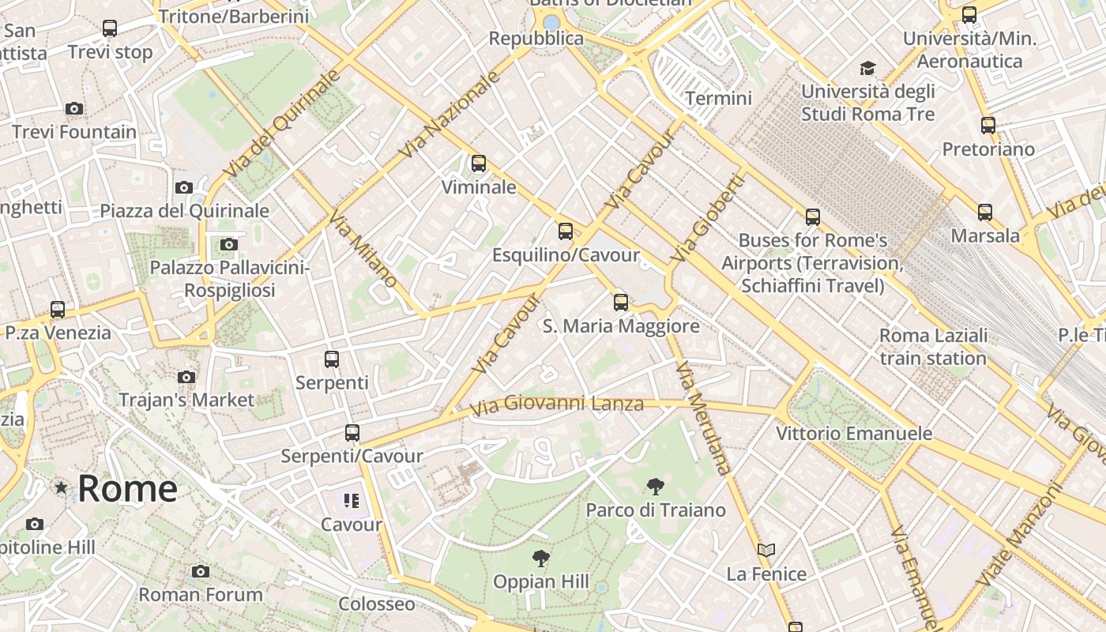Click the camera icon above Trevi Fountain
click(x=74, y=108)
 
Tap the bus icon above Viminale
click(x=479, y=164)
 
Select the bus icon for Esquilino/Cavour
click(x=566, y=231)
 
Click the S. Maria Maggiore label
click(x=621, y=325)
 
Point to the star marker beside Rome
click(x=61, y=487)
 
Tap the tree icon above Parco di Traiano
click(x=655, y=486)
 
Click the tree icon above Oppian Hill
click(x=541, y=559)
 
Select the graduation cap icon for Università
click(x=867, y=68)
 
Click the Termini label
click(x=718, y=98)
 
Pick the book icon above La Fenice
click(x=766, y=550)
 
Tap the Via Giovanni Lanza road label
click(x=557, y=405)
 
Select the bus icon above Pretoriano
click(x=988, y=125)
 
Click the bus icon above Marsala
click(x=985, y=212)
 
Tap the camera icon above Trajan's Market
click(x=186, y=377)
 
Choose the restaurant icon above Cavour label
click(x=352, y=500)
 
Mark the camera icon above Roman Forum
click(x=201, y=571)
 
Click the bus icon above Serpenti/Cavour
click(x=352, y=433)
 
